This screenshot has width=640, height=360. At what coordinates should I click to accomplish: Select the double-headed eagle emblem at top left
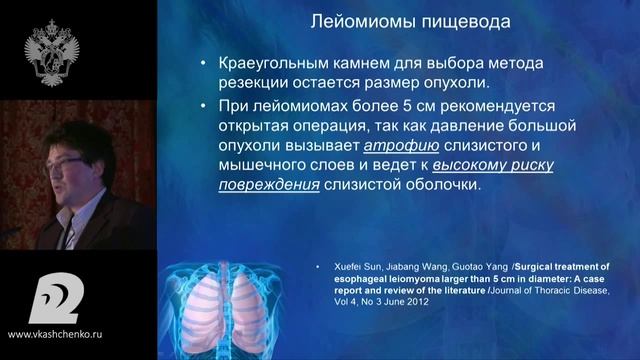[x=48, y=45]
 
